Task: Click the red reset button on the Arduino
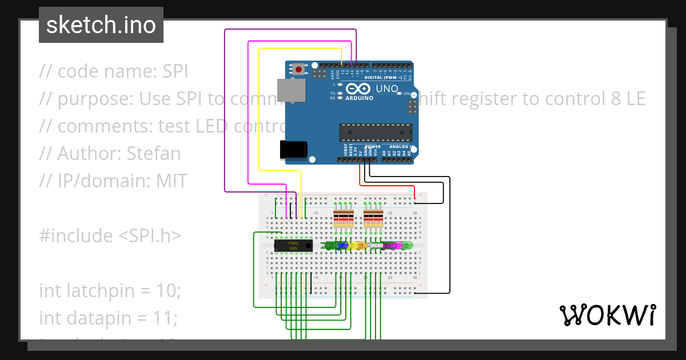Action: [298, 70]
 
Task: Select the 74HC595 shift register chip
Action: [293, 246]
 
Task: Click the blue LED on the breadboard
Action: [342, 245]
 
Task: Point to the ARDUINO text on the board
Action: [359, 98]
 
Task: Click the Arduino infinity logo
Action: [359, 89]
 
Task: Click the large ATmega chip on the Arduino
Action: [375, 132]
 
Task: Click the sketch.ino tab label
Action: [101, 25]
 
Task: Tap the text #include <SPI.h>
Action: [110, 235]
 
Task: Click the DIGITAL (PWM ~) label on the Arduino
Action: [386, 77]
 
